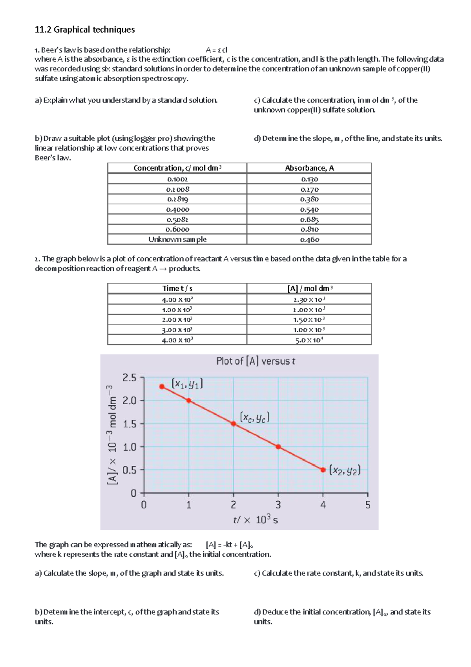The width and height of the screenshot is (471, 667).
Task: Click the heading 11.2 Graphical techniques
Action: pyautogui.click(x=85, y=29)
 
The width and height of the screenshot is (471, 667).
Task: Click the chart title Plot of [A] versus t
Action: pyautogui.click(x=256, y=361)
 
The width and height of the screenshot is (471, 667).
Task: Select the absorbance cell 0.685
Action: pyautogui.click(x=309, y=220)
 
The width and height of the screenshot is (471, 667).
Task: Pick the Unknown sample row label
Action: pyautogui.click(x=177, y=239)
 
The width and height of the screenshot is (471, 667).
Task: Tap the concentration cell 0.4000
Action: pyautogui.click(x=177, y=209)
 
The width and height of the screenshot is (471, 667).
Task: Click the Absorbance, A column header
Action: pyautogui.click(x=309, y=168)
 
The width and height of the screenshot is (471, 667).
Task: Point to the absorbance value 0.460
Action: pyautogui.click(x=309, y=239)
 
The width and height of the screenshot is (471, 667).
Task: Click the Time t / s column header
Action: pyautogui.click(x=177, y=288)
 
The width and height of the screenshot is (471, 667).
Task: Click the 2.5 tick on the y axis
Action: pyautogui.click(x=129, y=378)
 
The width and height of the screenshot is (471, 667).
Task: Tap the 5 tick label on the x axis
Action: pyautogui.click(x=368, y=505)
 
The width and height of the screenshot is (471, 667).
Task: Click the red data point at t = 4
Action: pyautogui.click(x=323, y=470)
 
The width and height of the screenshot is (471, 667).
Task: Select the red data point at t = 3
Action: pyautogui.click(x=278, y=447)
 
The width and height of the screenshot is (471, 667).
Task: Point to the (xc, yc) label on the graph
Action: pyautogui.click(x=254, y=418)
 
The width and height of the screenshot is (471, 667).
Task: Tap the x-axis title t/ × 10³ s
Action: pyautogui.click(x=256, y=520)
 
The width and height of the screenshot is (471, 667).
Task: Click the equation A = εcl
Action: pyautogui.click(x=216, y=50)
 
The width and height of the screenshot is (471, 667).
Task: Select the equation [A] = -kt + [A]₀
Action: pyautogui.click(x=229, y=545)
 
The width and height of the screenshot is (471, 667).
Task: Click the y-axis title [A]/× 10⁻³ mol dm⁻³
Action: pyautogui.click(x=112, y=435)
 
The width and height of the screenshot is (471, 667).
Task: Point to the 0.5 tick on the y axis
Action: pyautogui.click(x=129, y=470)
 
